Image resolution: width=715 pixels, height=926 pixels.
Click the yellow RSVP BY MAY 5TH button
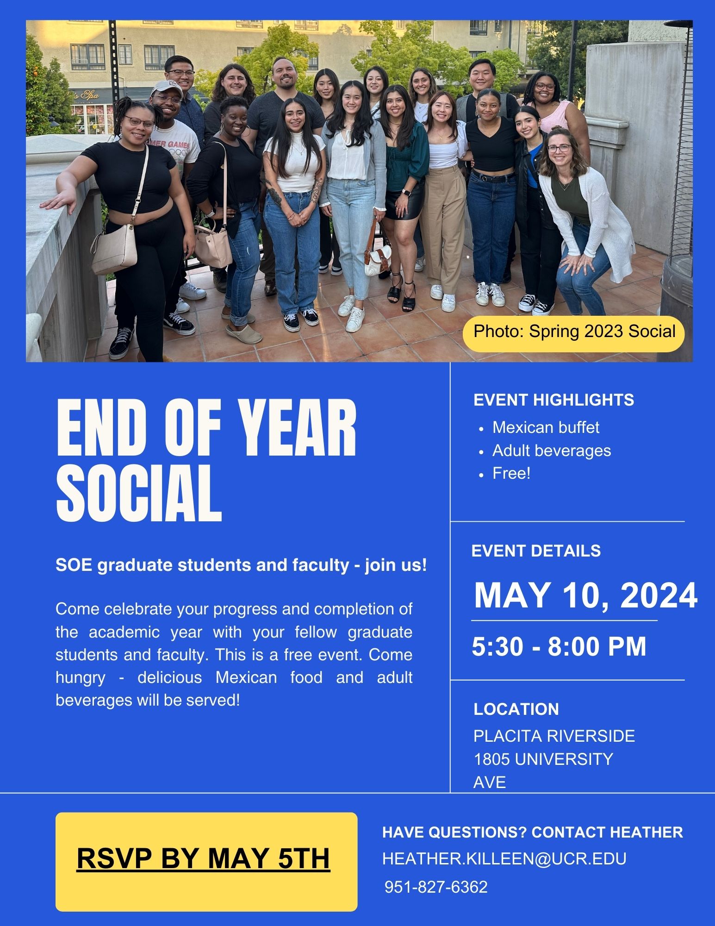(206, 862)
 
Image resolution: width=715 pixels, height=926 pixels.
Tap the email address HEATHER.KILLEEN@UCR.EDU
(504, 858)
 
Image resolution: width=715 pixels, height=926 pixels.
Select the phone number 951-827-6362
(436, 887)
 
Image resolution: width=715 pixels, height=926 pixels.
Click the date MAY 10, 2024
(585, 595)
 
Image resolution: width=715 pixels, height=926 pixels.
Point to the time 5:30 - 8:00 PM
(559, 646)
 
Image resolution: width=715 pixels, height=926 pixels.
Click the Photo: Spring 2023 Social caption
(574, 332)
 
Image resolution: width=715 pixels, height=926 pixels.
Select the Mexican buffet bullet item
(546, 427)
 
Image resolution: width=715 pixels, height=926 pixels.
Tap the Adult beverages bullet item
(552, 450)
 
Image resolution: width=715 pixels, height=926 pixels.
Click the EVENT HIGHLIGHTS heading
(554, 400)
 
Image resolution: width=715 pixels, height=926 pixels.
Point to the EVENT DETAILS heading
(536, 551)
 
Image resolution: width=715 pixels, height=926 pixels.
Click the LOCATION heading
(516, 709)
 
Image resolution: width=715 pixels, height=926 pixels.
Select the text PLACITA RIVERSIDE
(554, 736)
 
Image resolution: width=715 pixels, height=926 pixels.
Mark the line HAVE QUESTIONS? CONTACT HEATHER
(533, 832)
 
